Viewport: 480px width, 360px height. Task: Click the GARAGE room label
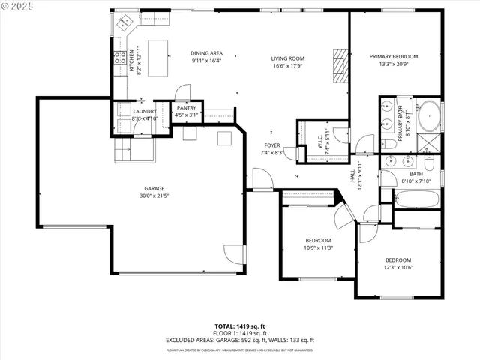[154, 188]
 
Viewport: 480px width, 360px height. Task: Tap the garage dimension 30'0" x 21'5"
[154, 196]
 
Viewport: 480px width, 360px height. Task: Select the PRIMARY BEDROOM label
[394, 57]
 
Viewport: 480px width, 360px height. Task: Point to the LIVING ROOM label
[287, 58]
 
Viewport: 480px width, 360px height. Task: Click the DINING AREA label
[206, 53]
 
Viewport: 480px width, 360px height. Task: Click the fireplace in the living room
[341, 66]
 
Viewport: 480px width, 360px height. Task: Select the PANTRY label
[186, 108]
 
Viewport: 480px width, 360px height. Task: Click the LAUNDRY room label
[144, 112]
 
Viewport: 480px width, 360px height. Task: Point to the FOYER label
[271, 145]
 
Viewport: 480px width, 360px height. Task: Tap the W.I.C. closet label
[320, 140]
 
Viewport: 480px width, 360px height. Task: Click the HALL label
[352, 175]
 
